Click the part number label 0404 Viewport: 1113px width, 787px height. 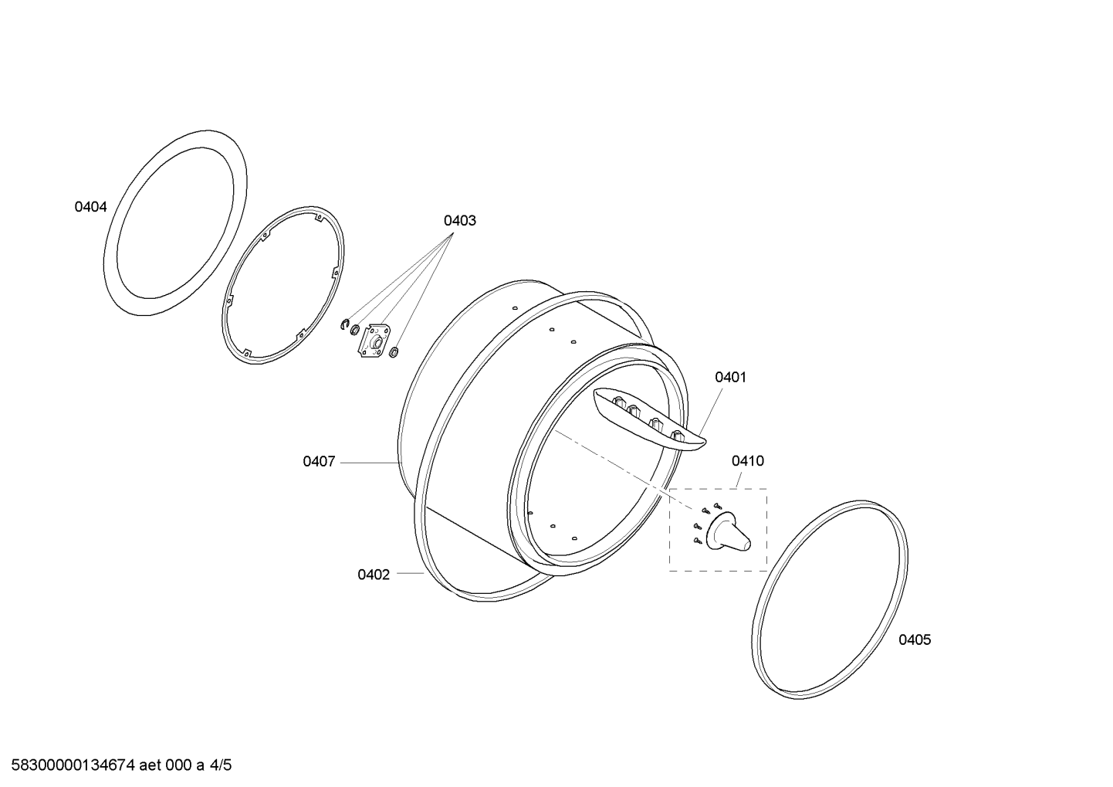pyautogui.click(x=90, y=207)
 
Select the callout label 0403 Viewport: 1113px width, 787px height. pyautogui.click(x=459, y=220)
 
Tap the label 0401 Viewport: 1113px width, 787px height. pyautogui.click(x=730, y=378)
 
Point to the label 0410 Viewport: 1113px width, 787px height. pyautogui.click(x=747, y=461)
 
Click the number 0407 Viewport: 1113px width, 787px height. pyautogui.click(x=319, y=461)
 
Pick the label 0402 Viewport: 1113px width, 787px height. pyautogui.click(x=374, y=575)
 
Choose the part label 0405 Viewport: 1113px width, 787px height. pyautogui.click(x=915, y=639)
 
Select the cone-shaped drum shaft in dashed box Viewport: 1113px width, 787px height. pyautogui.click(x=729, y=533)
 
